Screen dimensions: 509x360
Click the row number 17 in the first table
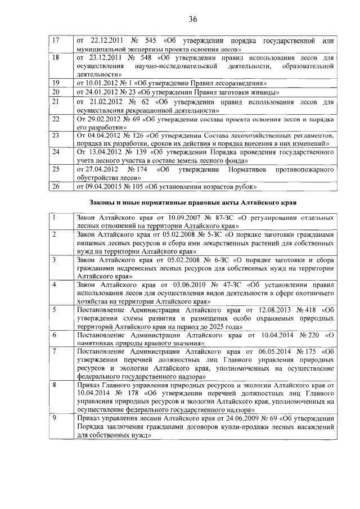coord(55,41)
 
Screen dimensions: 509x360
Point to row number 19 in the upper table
coord(55,82)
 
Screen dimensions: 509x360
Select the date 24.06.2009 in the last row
coord(224,419)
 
